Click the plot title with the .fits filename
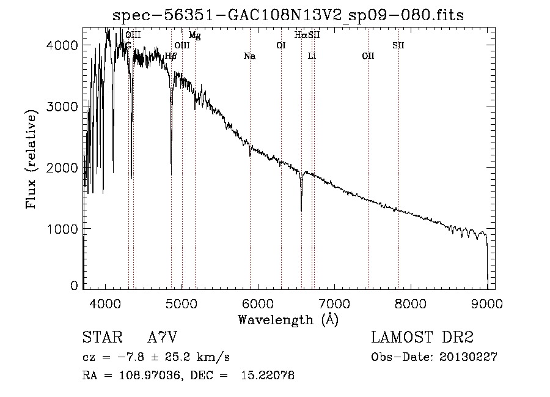click(288, 15)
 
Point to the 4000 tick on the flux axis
click(62, 45)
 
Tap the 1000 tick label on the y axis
click(62, 229)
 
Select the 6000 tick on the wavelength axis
click(258, 303)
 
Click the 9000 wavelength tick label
click(487, 303)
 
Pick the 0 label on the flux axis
click(74, 286)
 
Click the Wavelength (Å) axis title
click(288, 320)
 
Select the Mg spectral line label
click(195, 35)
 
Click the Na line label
click(249, 56)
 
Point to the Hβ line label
click(170, 56)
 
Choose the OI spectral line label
click(281, 45)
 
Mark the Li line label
click(312, 56)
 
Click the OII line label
click(368, 56)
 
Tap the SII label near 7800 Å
click(398, 45)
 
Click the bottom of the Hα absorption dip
click(301, 211)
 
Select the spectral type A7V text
click(163, 337)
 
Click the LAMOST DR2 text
click(422, 337)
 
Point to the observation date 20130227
click(468, 357)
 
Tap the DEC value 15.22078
click(268, 376)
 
